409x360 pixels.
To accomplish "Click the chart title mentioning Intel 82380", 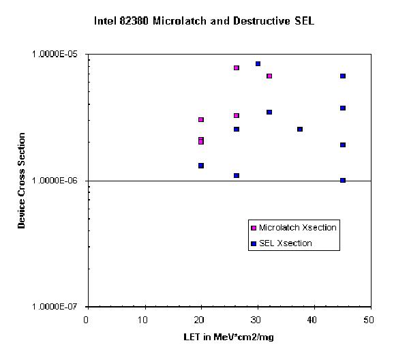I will coord(204,20).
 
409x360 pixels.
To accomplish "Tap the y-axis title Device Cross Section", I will coord(22,180).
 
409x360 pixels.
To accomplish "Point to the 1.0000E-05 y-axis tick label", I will coord(57,55).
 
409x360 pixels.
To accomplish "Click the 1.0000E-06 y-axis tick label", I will coord(57,181).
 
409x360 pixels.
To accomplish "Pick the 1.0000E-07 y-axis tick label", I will coord(57,307).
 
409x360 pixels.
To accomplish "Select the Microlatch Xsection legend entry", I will coord(293,227).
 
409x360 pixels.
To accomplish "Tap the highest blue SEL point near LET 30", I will coord(258,64).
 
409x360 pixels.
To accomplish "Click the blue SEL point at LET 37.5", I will coord(300,129).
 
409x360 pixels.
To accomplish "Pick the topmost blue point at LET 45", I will coord(343,76).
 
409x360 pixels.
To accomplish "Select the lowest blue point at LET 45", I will coord(343,180).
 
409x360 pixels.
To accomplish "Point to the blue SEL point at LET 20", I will coord(200,166).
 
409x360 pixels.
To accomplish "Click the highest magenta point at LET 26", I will coord(237,67).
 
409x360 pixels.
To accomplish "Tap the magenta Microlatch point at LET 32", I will coord(269,76).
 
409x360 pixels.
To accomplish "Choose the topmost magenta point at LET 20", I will coord(200,119).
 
